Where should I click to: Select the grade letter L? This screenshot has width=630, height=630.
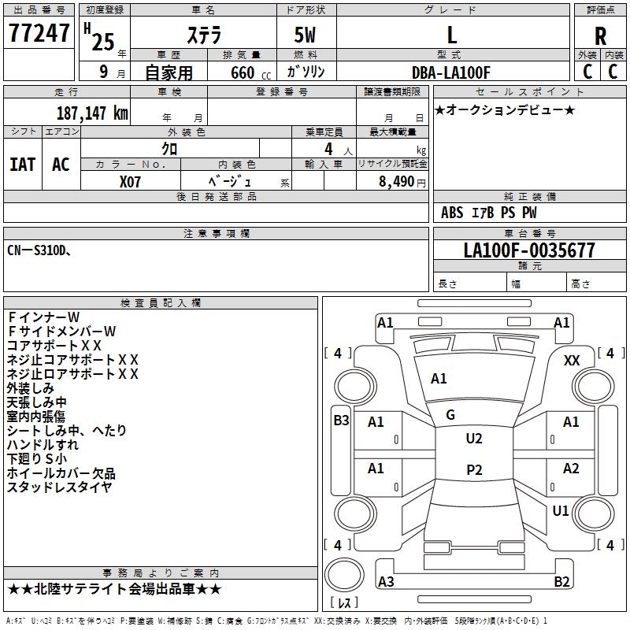pos(451,35)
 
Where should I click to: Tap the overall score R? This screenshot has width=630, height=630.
pos(600,35)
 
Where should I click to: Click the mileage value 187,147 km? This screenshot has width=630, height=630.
pos(92,113)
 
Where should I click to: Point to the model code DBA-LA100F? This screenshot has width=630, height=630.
pos(451,72)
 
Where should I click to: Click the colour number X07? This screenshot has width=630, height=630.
pos(131,180)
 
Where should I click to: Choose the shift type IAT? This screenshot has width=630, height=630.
pos(22,164)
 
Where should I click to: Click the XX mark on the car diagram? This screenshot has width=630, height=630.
pos(573,360)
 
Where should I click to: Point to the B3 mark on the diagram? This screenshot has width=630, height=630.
pos(341,421)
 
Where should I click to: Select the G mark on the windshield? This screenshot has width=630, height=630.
pos(450,415)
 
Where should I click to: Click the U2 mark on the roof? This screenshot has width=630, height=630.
pos(473,439)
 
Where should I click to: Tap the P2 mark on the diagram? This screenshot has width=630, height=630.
pos(473,470)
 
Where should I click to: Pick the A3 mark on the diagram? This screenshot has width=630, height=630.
pos(386,582)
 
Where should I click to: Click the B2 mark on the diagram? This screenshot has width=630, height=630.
pos(561,582)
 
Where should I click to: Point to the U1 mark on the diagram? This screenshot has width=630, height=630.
pos(561,511)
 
